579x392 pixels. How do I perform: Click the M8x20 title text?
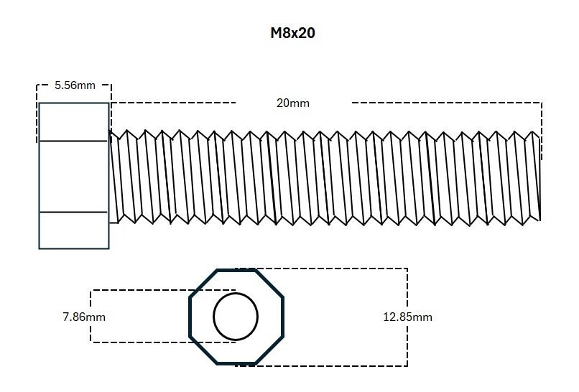click(x=292, y=33)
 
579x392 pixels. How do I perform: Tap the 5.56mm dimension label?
click(x=75, y=85)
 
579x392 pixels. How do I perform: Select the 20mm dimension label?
click(x=293, y=103)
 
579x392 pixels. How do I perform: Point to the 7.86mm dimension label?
click(x=84, y=317)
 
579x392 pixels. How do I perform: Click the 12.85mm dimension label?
click(x=407, y=317)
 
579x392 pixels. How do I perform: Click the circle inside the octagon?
click(x=236, y=294)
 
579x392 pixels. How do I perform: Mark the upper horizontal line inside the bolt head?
click(x=73, y=141)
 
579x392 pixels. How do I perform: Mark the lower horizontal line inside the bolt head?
click(x=73, y=212)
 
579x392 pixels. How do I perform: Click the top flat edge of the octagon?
click(x=236, y=271)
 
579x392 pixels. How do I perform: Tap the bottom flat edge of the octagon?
click(x=236, y=363)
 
